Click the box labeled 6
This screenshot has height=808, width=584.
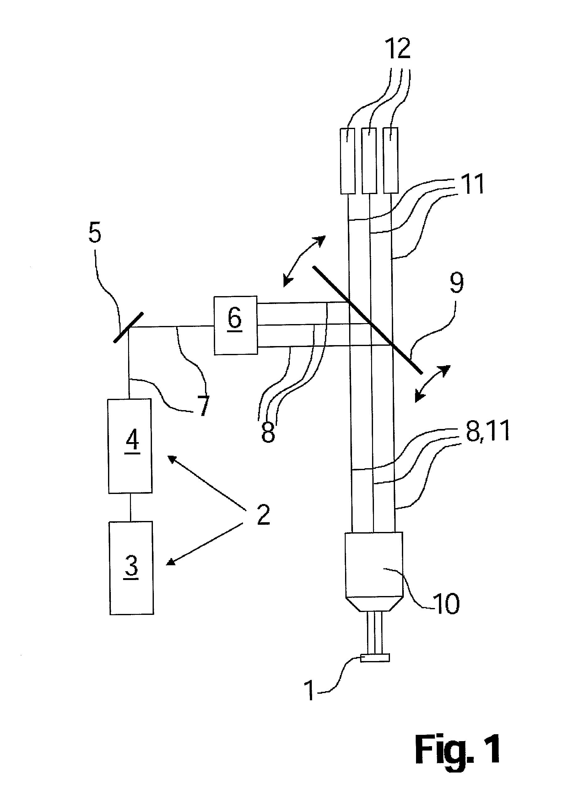point(235,325)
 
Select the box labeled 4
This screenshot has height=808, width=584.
point(130,446)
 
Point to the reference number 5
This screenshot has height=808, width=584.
point(95,233)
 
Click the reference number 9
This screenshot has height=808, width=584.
point(457,284)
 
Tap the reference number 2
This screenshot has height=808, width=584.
point(263,514)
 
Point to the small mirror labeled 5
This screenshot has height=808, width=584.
point(128,328)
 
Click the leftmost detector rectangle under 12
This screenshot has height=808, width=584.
point(348,161)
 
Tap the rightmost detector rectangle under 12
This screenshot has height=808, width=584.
point(391,160)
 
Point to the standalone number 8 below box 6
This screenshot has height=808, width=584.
point(268,431)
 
